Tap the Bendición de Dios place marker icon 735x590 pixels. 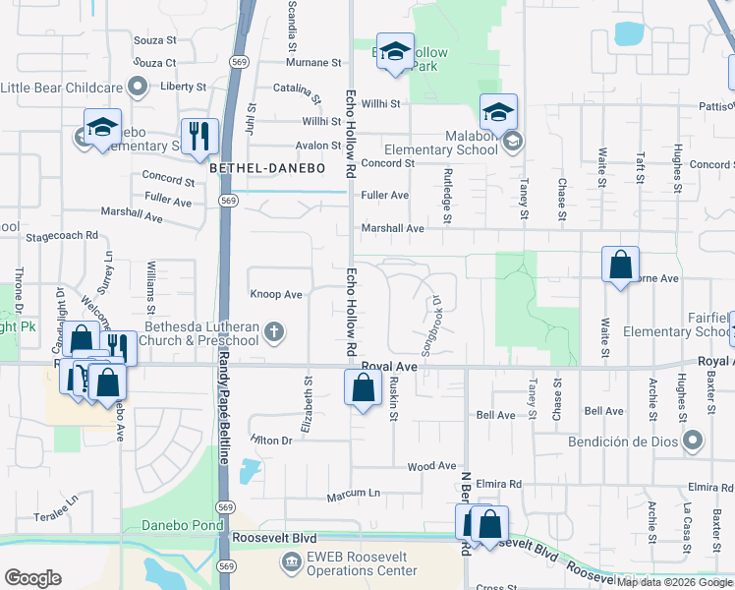pos(693,440)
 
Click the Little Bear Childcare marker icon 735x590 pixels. pos(139,87)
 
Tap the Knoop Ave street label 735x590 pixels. pos(277,294)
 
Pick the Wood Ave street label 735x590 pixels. pos(432,465)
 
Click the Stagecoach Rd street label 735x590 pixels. pos(63,236)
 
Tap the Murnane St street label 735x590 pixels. pos(312,62)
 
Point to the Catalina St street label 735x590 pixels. pos(298,94)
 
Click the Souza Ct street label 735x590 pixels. pos(155,63)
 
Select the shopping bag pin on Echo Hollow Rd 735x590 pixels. pos(363,387)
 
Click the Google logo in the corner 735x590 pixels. pos(32,578)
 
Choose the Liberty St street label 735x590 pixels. pos(182,87)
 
